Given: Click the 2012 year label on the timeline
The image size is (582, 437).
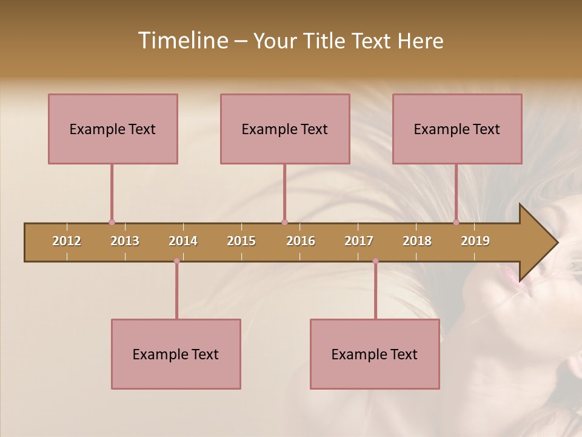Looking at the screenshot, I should [67, 241].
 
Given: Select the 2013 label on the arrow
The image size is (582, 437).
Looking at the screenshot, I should [125, 241].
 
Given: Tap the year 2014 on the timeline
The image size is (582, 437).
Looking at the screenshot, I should [183, 241].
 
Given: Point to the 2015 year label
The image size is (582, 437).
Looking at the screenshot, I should [241, 241].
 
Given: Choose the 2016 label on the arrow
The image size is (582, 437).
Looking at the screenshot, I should [301, 241].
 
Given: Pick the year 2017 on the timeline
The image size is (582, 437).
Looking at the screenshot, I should [359, 241].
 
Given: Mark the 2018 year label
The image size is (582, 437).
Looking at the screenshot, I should [417, 241].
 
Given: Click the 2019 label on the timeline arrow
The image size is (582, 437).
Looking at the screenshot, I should [475, 241].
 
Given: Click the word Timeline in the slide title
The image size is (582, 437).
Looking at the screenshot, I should [182, 41].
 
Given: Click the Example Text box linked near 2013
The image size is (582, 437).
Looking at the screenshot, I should [113, 129].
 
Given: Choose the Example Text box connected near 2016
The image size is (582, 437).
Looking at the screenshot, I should [285, 129].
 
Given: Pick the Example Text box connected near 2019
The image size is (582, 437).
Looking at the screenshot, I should [457, 129].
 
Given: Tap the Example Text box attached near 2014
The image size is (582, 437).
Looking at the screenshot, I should [176, 354].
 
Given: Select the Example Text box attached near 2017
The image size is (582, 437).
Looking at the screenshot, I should [375, 354].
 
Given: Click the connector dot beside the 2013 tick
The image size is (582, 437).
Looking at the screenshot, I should [112, 223].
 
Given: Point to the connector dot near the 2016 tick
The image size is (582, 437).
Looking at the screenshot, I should [284, 223].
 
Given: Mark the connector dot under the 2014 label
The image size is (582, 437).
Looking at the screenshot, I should [176, 261].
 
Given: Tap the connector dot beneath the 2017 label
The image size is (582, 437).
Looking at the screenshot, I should [375, 261].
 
